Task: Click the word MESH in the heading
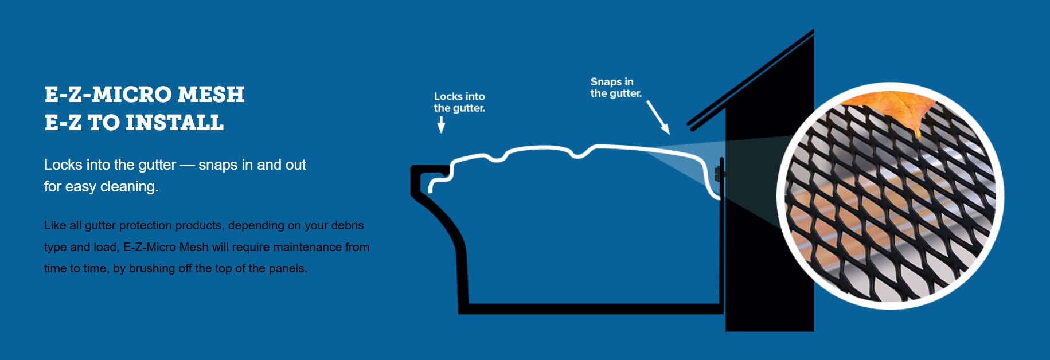[x=211, y=95]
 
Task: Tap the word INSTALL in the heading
[x=174, y=123]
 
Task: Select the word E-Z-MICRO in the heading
[x=108, y=95]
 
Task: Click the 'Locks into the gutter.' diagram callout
[x=459, y=102]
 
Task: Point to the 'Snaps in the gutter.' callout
[x=615, y=88]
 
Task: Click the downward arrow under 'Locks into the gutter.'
[x=441, y=124]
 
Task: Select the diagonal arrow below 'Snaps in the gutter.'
[x=658, y=117]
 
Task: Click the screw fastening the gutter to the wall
[x=718, y=173]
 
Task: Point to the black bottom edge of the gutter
[x=591, y=309]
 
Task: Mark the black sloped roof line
[x=751, y=77]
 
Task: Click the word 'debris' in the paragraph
[x=347, y=225]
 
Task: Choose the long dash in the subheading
[x=187, y=165]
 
